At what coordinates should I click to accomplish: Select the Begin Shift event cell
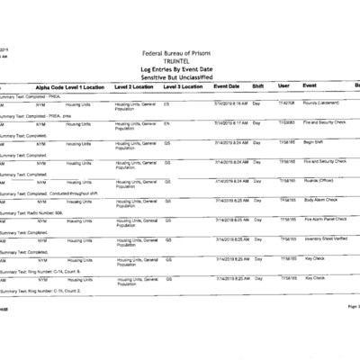point(314,142)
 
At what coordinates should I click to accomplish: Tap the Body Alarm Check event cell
point(321,200)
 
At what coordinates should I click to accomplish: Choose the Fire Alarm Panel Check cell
point(326,219)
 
